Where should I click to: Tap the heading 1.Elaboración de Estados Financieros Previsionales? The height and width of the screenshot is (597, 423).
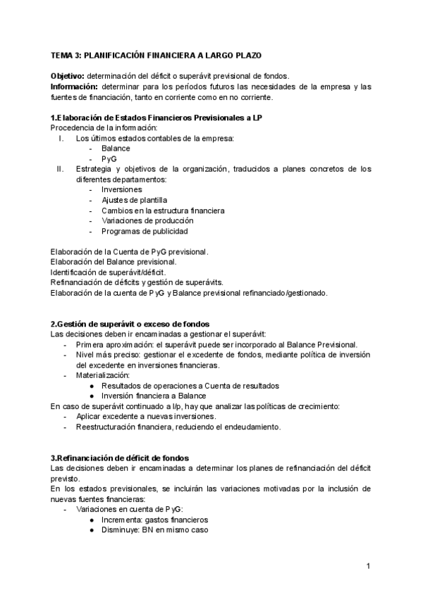click(x=158, y=117)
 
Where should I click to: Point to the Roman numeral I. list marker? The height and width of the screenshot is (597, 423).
click(x=61, y=138)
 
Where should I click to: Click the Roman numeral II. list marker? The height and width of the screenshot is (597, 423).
click(x=60, y=169)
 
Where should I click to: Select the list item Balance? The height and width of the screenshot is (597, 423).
click(x=116, y=149)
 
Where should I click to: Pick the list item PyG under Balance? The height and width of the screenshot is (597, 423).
click(x=109, y=159)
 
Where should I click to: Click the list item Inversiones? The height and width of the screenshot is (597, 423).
click(x=121, y=190)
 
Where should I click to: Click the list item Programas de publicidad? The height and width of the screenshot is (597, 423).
click(x=145, y=232)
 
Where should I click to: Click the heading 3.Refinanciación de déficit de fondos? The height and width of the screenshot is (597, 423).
click(x=119, y=458)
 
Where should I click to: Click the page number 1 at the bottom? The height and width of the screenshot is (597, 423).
click(x=369, y=565)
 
